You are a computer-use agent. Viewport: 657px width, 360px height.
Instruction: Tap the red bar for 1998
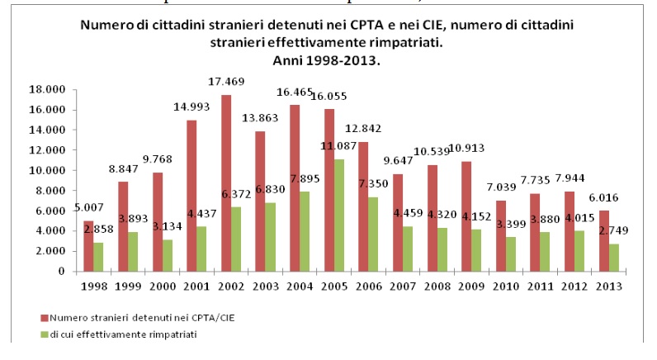coord(88,246)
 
